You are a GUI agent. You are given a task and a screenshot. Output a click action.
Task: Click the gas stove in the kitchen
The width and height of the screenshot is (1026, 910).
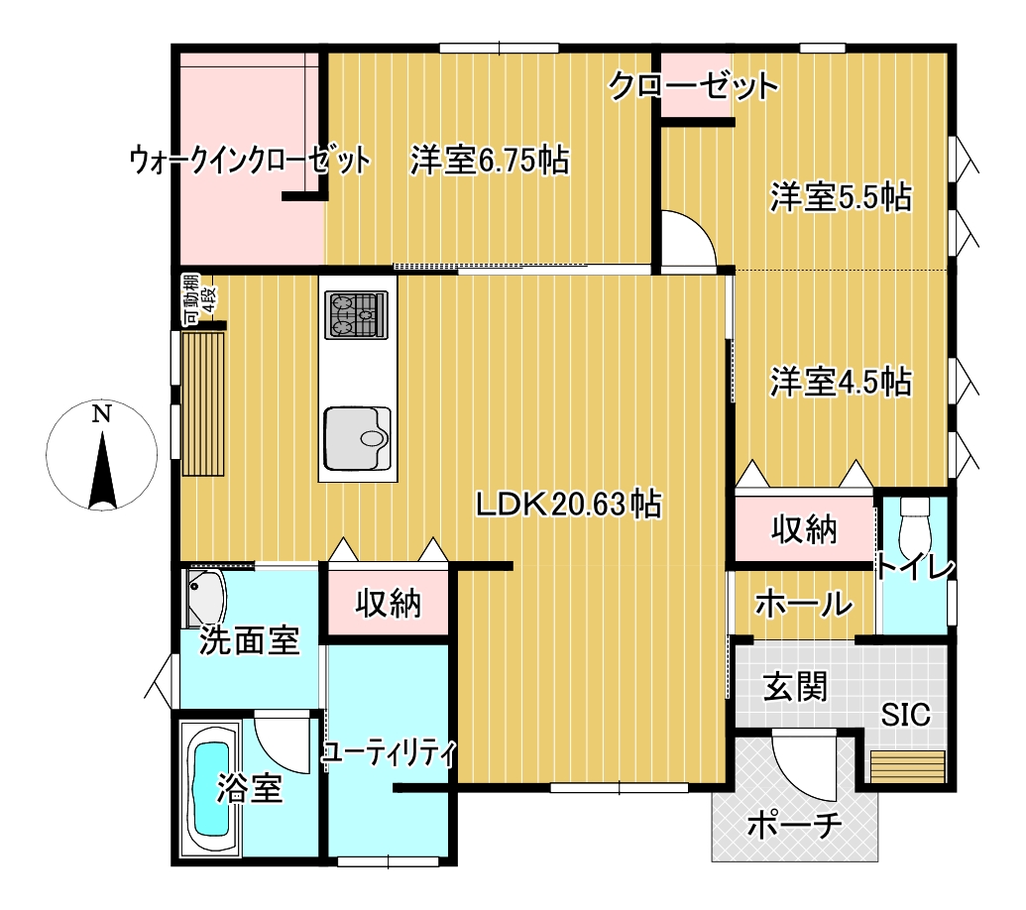coord(357,314)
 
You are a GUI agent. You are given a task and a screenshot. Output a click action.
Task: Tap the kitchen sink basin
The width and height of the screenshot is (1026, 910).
coord(358,438)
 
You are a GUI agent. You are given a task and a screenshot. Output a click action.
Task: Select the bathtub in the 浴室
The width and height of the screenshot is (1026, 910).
coord(209,790)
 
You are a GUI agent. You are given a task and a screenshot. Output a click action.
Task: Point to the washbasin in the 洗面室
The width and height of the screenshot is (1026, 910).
coord(206,599)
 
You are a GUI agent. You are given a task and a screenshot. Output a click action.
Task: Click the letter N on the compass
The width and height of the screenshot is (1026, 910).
coord(101,413)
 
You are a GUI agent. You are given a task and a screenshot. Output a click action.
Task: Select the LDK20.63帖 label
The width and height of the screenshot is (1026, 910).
coord(568,505)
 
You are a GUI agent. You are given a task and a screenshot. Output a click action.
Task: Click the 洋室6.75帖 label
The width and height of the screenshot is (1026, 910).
coord(490,160)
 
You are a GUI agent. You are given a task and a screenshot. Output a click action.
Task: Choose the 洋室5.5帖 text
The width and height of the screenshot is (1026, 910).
coord(841,196)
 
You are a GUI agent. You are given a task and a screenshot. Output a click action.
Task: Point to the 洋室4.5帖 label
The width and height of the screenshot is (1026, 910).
coord(841,382)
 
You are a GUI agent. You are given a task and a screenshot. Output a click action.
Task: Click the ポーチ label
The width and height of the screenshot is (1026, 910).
coord(794,825)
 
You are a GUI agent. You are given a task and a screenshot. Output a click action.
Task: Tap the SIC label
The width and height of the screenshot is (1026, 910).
coord(905,715)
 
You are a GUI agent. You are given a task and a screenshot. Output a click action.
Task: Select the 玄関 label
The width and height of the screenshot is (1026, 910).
coord(796,686)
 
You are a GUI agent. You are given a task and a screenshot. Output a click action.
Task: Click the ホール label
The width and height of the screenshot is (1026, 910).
coord(804,603)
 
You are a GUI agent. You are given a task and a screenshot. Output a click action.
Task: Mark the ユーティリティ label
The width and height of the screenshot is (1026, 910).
coord(389,753)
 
